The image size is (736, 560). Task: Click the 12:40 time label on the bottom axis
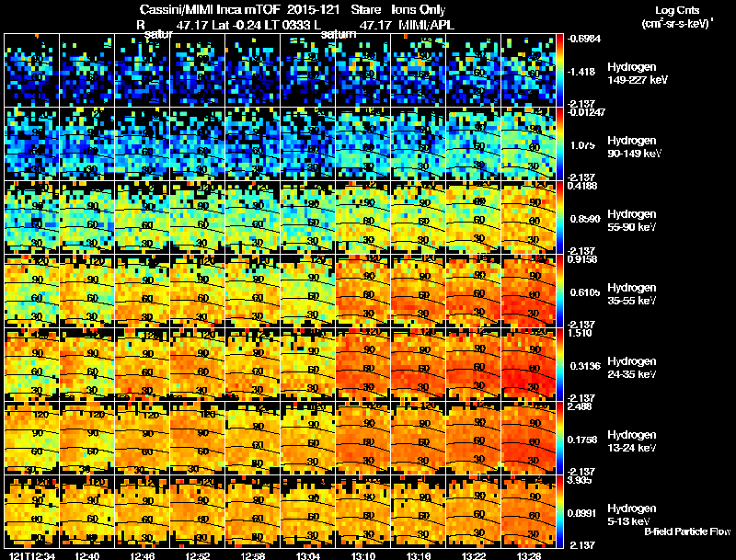tap(88, 555)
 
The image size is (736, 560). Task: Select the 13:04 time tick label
tap(309, 555)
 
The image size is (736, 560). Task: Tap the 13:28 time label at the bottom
tap(530, 555)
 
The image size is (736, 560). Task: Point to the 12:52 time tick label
tap(199, 555)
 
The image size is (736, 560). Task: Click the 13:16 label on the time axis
tap(420, 555)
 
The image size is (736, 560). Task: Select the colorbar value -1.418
tap(581, 70)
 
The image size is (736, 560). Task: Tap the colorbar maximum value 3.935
tap(580, 479)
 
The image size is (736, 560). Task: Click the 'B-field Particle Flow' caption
tap(686, 532)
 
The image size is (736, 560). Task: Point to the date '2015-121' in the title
tap(306, 8)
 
